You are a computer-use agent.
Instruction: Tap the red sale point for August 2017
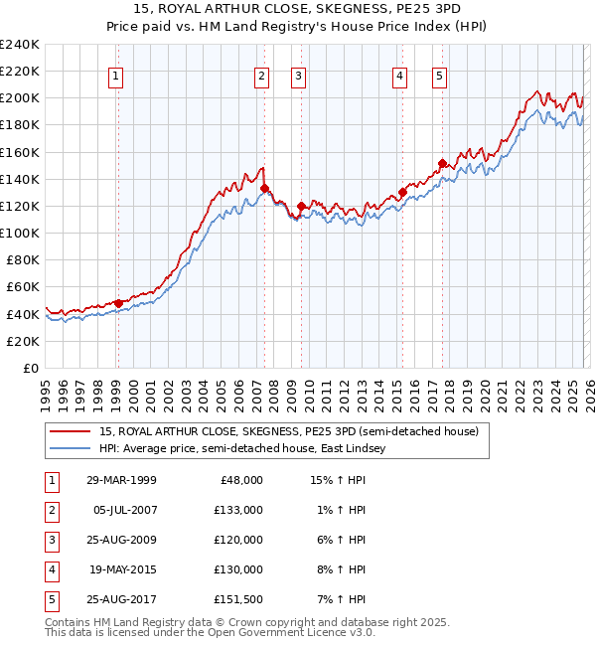click(443, 163)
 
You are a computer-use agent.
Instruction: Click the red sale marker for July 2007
click(265, 188)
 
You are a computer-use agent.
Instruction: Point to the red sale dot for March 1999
click(118, 303)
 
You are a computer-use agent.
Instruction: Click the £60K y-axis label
click(22, 287)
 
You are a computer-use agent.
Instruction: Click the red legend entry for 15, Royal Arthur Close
click(288, 432)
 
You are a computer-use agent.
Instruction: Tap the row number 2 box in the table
click(50, 510)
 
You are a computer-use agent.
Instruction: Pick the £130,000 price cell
click(238, 569)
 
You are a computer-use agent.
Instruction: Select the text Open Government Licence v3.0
click(298, 632)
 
